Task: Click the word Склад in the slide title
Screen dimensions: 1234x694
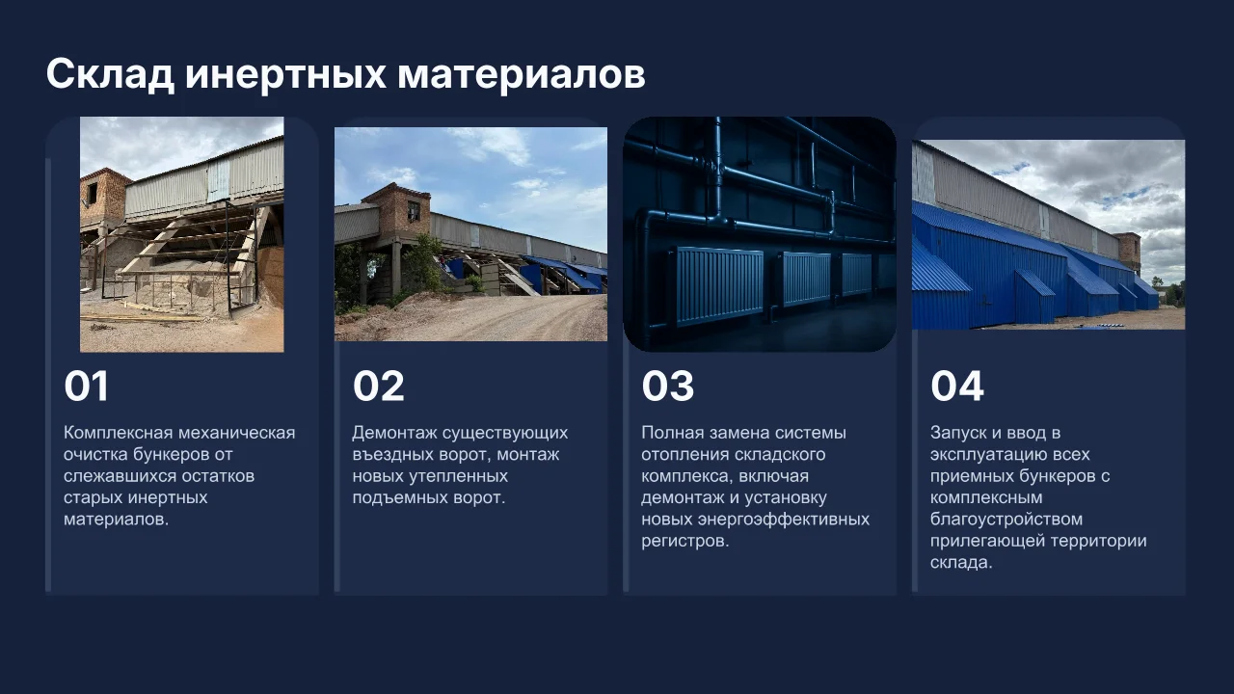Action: (110, 74)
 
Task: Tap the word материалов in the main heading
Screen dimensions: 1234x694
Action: (522, 74)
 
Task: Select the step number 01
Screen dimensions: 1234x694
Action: (87, 387)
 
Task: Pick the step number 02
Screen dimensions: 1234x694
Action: (379, 387)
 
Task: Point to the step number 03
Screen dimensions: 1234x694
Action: (668, 387)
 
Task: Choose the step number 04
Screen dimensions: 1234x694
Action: (957, 387)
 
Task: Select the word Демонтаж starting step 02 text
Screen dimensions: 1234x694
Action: (394, 433)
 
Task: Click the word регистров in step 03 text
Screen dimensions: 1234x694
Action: (684, 541)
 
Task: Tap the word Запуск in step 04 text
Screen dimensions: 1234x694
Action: (958, 433)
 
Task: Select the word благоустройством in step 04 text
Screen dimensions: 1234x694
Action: (1006, 520)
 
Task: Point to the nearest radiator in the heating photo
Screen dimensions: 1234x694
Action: (715, 285)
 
